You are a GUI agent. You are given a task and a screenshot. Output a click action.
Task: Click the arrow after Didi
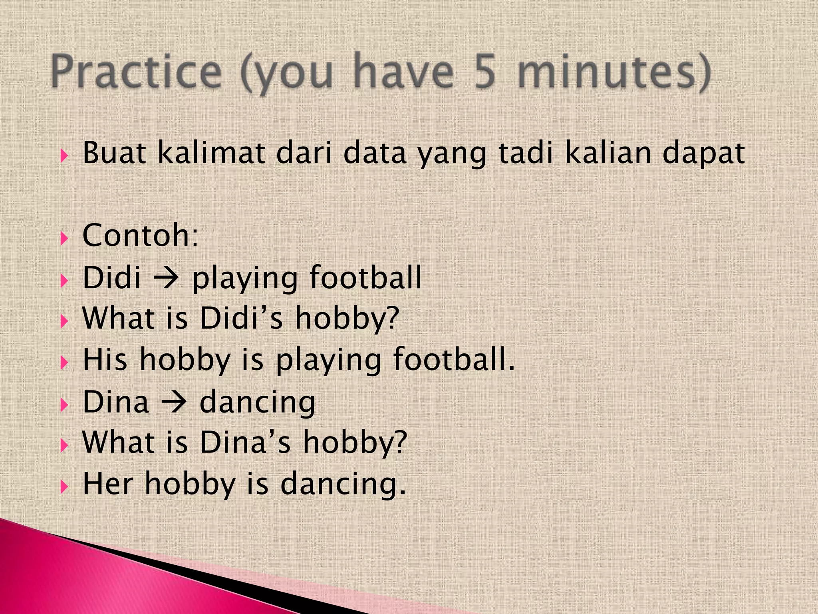[x=166, y=278]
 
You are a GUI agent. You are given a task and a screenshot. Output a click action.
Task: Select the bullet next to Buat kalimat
[x=64, y=156]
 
